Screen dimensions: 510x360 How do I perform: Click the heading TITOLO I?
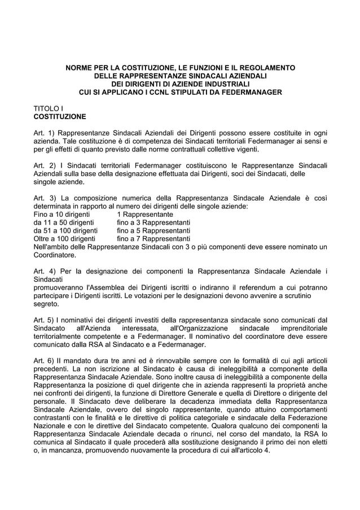pos(49,108)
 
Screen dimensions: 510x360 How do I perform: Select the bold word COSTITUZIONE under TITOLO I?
pos(60,117)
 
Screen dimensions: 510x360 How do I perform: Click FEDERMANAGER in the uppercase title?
pos(249,91)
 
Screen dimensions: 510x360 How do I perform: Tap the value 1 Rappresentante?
pos(145,215)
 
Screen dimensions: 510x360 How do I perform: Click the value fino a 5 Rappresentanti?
pos(153,231)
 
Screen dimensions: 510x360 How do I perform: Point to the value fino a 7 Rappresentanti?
pos(153,239)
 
